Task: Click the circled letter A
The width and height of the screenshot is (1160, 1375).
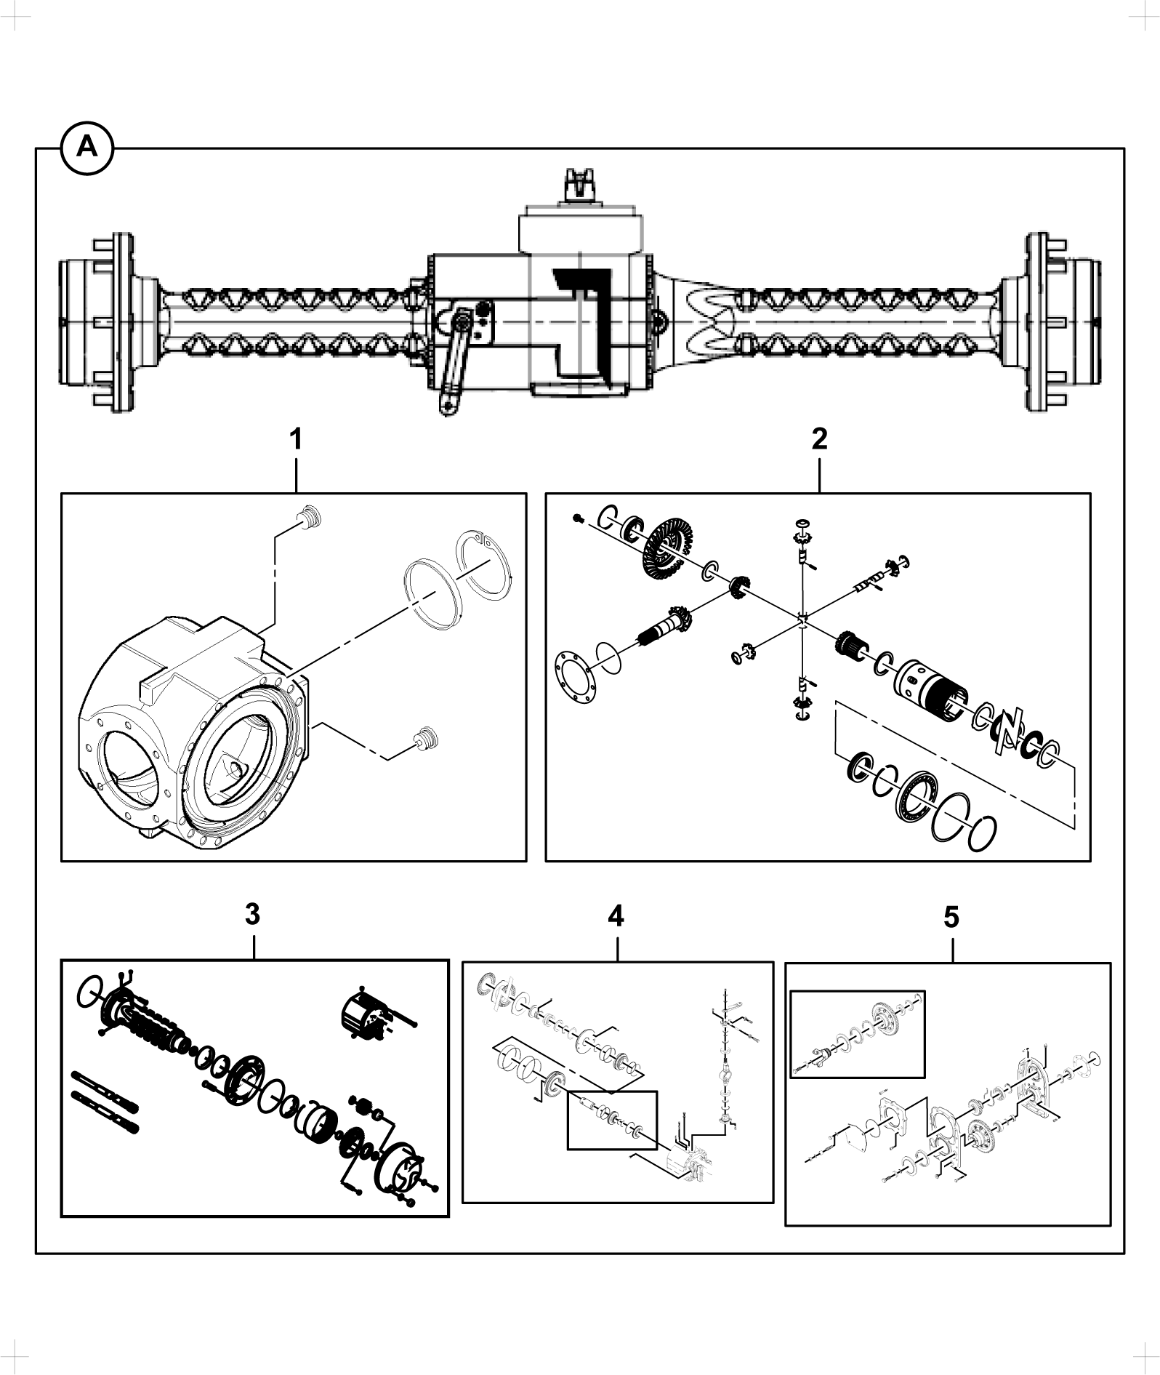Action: coord(86,148)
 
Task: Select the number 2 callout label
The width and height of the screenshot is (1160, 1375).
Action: coord(819,439)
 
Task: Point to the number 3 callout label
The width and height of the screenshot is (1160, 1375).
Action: coord(252,915)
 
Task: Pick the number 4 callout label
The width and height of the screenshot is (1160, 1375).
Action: coord(616,916)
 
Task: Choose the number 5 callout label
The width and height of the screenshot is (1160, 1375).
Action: coord(951,918)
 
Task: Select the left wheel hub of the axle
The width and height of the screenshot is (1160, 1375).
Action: coord(97,323)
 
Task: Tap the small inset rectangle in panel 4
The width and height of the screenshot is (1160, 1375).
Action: coord(611,1120)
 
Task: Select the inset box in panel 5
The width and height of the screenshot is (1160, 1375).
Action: coord(858,1033)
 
